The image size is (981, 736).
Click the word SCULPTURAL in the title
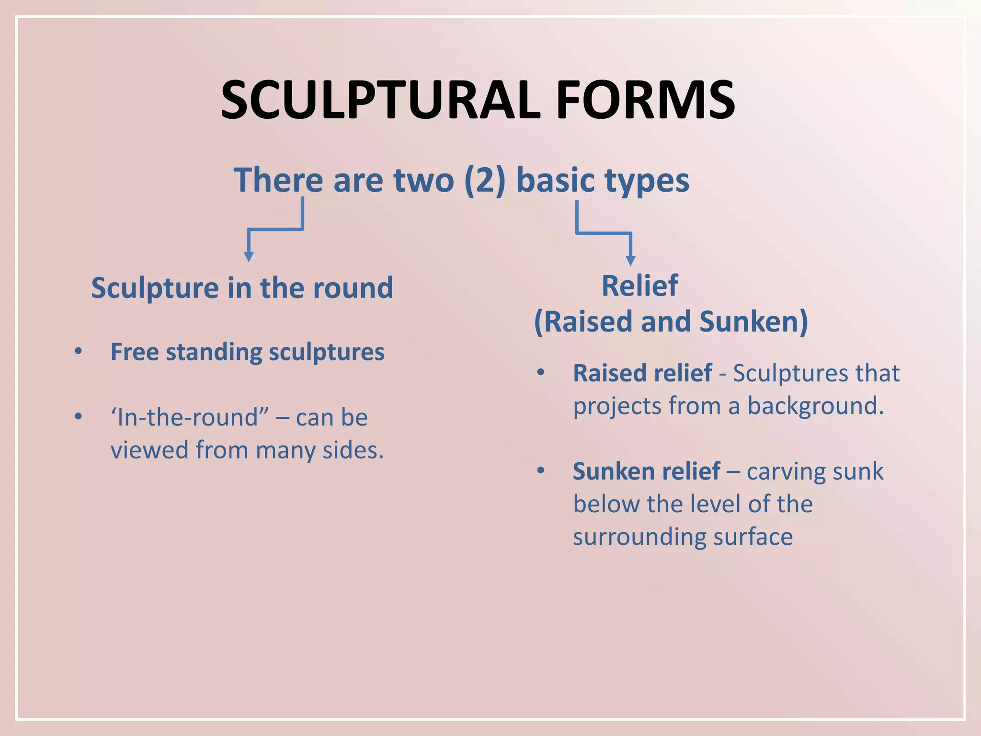pos(381,100)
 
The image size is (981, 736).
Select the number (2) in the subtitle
pos(485,180)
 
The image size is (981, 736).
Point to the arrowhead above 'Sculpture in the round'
pos(249,256)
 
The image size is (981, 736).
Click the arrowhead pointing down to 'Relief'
pos(630,260)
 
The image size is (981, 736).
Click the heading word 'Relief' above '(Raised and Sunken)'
pos(639,286)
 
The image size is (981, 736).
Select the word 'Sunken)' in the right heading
pos(753,322)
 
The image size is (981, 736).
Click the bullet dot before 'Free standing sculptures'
pos(79,351)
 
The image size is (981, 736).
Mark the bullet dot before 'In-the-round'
pos(79,416)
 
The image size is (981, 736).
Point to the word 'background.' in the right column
pos(815,406)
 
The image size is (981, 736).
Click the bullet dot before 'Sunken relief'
pos(541,470)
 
